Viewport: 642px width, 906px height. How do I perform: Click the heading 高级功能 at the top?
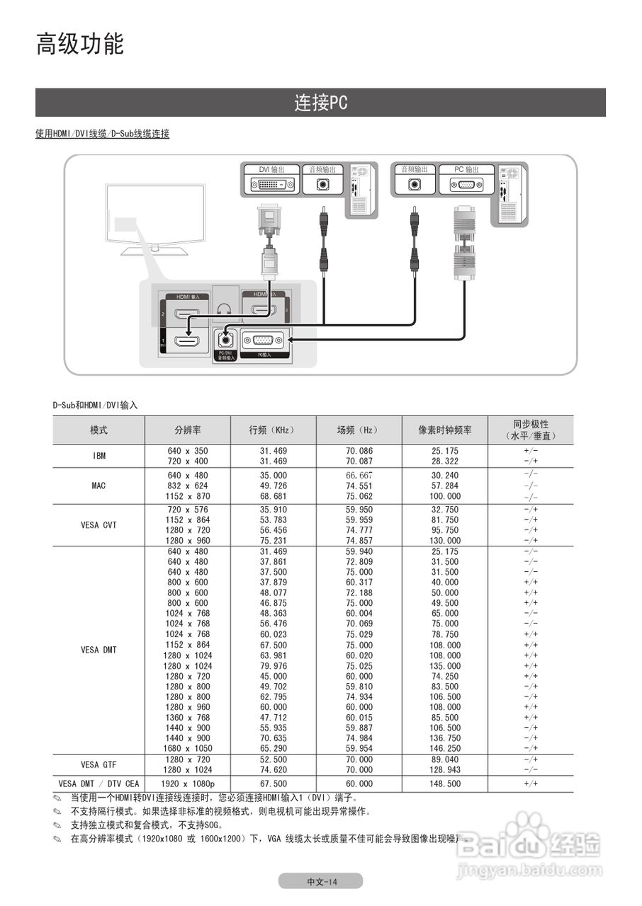[x=80, y=45]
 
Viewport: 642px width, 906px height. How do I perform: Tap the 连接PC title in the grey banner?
[x=321, y=103]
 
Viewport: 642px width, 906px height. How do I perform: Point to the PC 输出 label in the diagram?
[x=466, y=170]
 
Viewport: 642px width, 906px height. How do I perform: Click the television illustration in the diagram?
[x=155, y=216]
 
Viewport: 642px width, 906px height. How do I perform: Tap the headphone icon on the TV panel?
[x=225, y=309]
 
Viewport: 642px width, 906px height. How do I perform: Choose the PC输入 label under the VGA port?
[x=264, y=354]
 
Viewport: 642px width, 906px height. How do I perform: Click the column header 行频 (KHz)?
[x=272, y=430]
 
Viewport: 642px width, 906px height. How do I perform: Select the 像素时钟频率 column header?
[x=444, y=430]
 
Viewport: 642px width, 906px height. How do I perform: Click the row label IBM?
[x=99, y=456]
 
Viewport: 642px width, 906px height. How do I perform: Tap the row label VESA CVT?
[x=99, y=525]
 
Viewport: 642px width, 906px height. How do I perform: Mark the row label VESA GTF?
[x=99, y=764]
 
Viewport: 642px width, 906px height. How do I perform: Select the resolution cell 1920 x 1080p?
[x=188, y=784]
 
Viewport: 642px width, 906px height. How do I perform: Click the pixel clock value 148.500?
[x=445, y=784]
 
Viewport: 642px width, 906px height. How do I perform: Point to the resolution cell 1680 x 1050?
[x=188, y=748]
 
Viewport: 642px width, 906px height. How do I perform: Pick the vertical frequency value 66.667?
[x=359, y=476]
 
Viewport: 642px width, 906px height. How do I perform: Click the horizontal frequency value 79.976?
[x=273, y=666]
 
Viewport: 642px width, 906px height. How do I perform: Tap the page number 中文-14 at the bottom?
[x=321, y=881]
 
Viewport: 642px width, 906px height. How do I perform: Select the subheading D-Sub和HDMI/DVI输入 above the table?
[x=95, y=406]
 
